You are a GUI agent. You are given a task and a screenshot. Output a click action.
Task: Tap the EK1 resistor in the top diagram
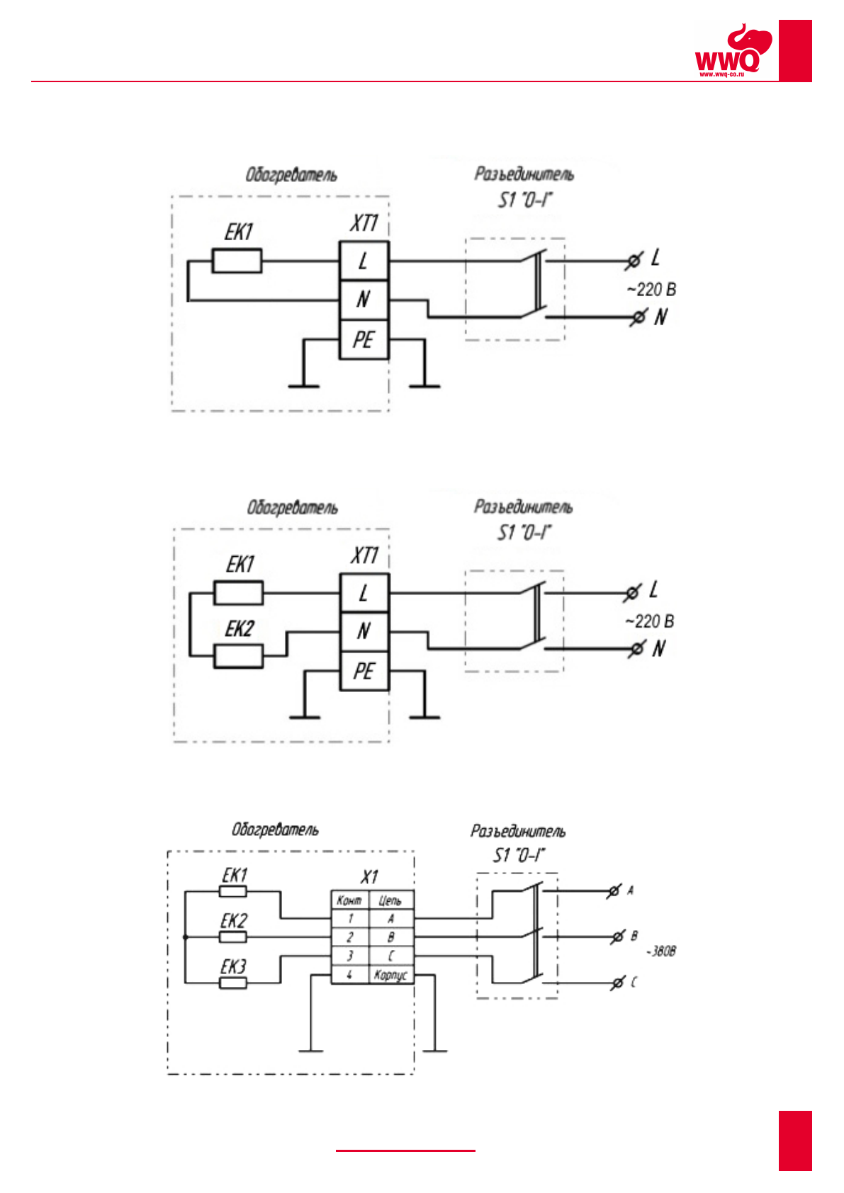(x=237, y=261)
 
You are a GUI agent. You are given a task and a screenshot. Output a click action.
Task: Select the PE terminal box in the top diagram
(x=364, y=339)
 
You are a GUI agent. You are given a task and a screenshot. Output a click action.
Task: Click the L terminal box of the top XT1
(x=364, y=261)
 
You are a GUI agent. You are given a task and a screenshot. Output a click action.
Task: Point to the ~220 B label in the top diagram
(x=651, y=290)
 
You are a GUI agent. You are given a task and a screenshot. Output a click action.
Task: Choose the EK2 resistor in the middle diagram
(x=238, y=656)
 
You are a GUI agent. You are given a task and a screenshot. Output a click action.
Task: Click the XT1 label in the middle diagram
(x=364, y=555)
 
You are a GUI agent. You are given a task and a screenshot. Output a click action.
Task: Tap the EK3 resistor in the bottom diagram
(x=232, y=983)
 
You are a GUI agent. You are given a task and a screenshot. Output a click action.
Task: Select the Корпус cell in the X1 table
(x=390, y=976)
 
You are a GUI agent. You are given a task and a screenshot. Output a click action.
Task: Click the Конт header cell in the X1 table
(x=349, y=900)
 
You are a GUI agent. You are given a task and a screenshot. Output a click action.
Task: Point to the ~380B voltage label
(x=660, y=951)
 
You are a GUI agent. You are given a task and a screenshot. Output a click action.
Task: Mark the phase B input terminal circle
(x=617, y=937)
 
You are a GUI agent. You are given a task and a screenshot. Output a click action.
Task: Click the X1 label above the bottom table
(x=369, y=877)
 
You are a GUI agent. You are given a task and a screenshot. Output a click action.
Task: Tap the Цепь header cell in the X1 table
(x=390, y=900)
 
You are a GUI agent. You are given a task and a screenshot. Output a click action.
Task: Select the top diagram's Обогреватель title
(x=291, y=175)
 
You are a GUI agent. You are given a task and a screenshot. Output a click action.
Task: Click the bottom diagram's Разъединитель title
(x=518, y=831)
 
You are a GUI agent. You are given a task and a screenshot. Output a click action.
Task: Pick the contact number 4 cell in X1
(x=349, y=976)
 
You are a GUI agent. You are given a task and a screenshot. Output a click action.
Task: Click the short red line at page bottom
(x=405, y=1150)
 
